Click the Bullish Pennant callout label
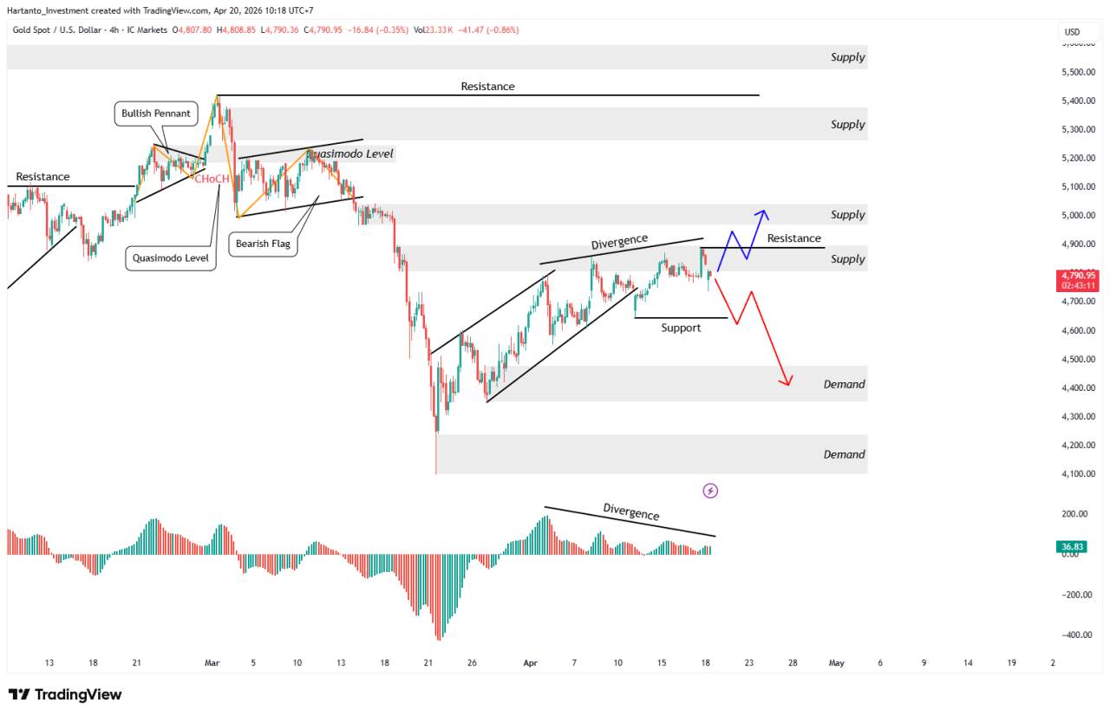156,114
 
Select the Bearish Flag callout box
264,244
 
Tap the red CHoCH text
212,179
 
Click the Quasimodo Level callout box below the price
171,257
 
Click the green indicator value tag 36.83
1072,546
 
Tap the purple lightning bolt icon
710,491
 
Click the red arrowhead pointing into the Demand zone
787,381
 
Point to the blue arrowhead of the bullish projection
763,212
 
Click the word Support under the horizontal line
681,328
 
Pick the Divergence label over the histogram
631,511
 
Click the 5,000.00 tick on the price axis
1075,216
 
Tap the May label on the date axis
836,663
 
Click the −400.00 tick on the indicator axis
1074,635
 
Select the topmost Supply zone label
847,57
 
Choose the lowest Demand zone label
844,454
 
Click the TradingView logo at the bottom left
65,694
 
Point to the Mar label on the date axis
212,663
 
